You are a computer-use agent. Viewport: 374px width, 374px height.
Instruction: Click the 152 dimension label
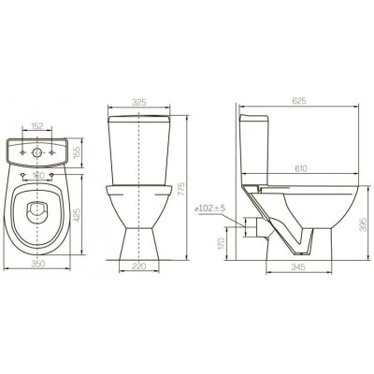tap(37, 126)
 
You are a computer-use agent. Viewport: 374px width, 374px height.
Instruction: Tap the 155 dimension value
tap(77, 151)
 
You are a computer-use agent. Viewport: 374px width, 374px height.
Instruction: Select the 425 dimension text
tap(77, 215)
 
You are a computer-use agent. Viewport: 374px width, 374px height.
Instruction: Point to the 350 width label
tap(37, 264)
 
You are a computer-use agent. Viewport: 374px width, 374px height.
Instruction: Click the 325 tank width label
tap(139, 103)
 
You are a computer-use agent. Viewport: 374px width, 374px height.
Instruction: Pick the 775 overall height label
tap(181, 189)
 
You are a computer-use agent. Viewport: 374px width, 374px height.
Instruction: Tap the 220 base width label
tap(139, 266)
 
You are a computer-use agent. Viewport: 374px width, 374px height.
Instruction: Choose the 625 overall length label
tap(299, 101)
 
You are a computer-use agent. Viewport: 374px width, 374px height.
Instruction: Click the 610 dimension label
tap(300, 168)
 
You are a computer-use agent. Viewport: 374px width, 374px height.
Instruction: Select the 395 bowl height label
tap(363, 224)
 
